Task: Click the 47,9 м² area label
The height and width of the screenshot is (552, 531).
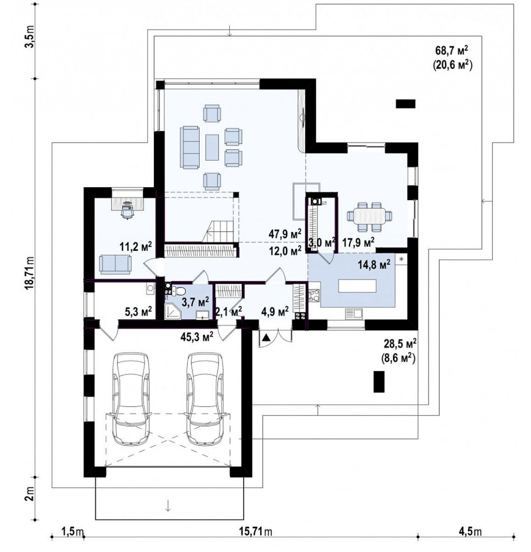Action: click(x=285, y=234)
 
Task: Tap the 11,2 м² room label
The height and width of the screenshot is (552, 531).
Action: click(x=136, y=246)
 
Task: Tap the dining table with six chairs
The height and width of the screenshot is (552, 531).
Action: click(x=369, y=216)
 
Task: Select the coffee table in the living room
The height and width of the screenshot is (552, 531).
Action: click(x=212, y=147)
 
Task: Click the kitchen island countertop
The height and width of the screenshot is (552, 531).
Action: click(x=357, y=286)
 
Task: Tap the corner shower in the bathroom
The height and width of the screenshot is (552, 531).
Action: click(x=173, y=311)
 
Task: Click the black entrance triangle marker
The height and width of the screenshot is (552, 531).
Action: click(x=266, y=338)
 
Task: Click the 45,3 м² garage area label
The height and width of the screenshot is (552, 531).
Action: click(x=197, y=336)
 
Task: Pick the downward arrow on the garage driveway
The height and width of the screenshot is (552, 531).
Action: click(x=168, y=506)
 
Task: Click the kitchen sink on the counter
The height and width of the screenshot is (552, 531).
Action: click(x=354, y=314)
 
